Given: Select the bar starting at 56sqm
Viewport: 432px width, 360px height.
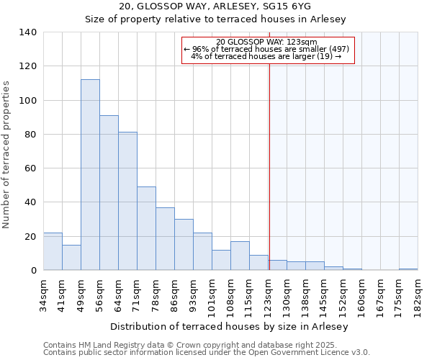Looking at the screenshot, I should (x=109, y=193).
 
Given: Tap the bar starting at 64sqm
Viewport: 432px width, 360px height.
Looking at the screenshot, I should (x=127, y=201).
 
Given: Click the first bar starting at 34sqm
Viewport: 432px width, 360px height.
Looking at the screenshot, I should (x=53, y=251).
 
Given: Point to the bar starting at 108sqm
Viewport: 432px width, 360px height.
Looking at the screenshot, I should (x=240, y=256).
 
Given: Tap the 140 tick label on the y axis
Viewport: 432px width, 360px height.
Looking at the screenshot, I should (x=28, y=32).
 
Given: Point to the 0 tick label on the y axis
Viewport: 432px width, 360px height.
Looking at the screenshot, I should (x=33, y=271).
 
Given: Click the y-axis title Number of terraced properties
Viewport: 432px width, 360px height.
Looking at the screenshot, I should (x=7, y=155).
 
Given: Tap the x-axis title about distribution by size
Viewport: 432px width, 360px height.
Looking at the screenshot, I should (x=230, y=326).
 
